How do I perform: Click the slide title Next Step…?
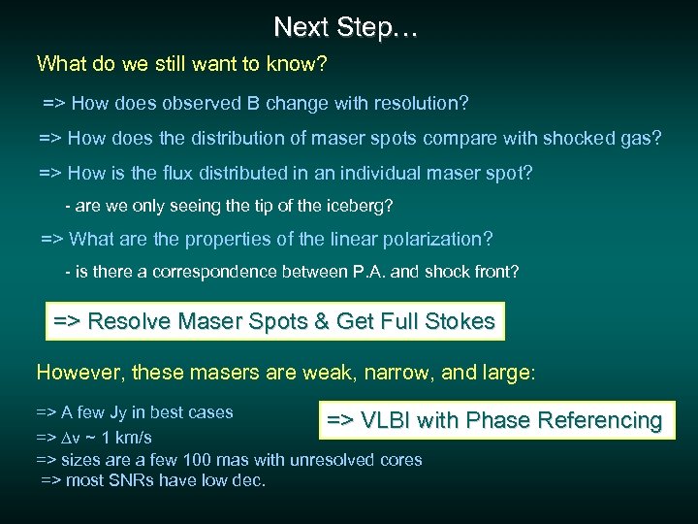pos(346,27)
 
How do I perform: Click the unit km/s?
pos(131,437)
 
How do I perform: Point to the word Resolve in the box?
pos(128,321)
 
